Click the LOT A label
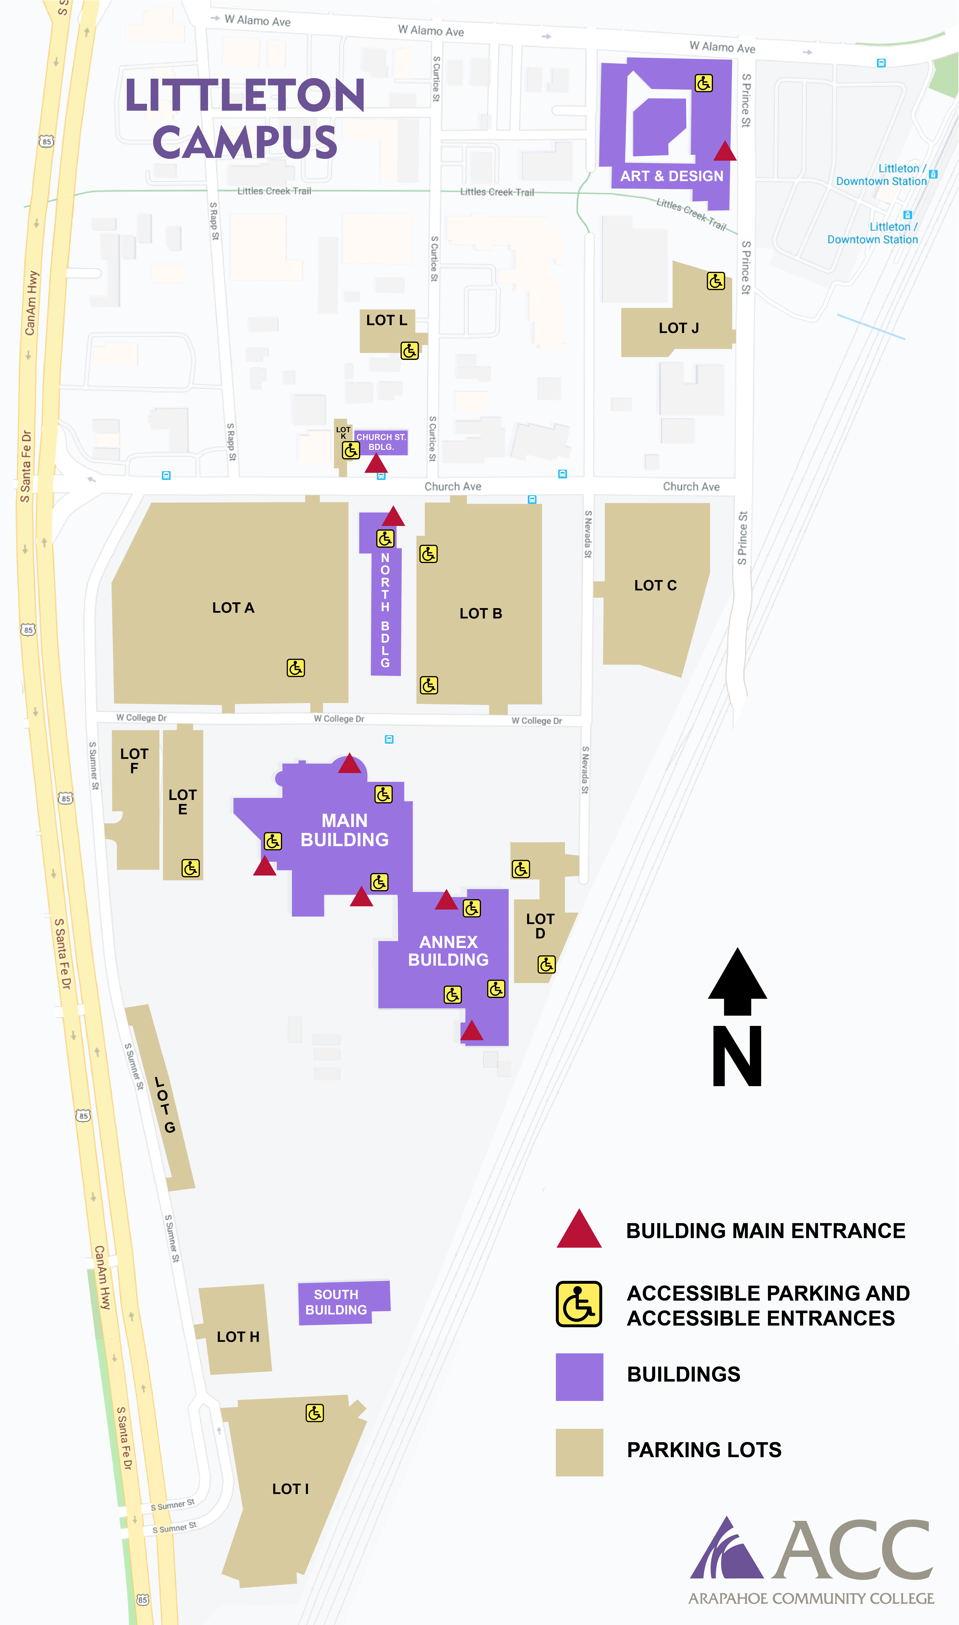pos(233,608)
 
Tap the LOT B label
pos(481,613)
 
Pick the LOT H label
pos(238,1337)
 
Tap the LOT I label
pos(290,1489)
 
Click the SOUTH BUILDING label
pos(336,1302)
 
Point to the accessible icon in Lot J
pos(715,281)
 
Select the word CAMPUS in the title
pos(245,143)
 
